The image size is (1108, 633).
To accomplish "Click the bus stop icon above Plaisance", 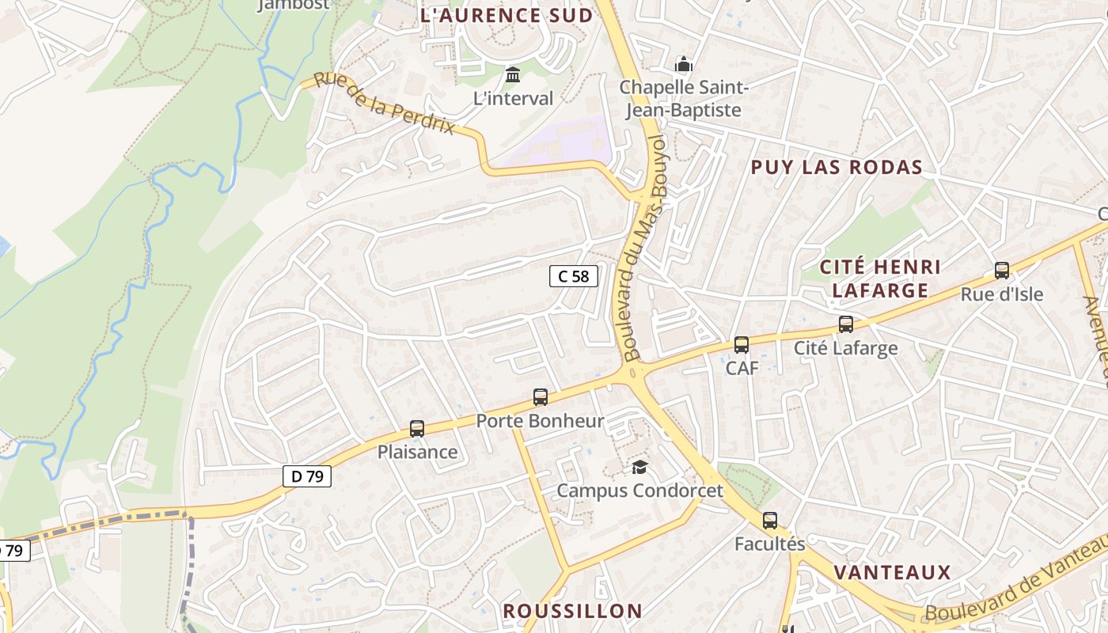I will (417, 429).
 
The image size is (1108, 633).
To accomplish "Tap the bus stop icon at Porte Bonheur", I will (541, 397).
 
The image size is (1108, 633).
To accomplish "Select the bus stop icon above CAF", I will (742, 345).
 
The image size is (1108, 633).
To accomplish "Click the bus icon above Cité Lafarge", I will (846, 324).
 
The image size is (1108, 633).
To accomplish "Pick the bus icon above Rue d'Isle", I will (1002, 271).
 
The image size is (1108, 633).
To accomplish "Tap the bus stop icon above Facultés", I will (770, 521).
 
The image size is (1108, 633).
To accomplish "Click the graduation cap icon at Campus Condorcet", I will (639, 468).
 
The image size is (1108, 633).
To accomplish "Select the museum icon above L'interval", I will (513, 75).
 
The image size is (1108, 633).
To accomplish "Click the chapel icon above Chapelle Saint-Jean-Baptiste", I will (683, 64).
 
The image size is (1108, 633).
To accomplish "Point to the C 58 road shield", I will (574, 276).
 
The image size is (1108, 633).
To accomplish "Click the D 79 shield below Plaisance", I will (307, 476).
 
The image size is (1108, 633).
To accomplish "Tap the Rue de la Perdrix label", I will (385, 104).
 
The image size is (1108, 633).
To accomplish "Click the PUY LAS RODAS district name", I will (837, 167).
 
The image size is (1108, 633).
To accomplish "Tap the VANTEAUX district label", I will (892, 572).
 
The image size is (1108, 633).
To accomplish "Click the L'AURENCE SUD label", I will (507, 15).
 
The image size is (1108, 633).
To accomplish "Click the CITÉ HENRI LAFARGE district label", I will (880, 279).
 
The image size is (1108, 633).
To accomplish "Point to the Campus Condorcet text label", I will (639, 491).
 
